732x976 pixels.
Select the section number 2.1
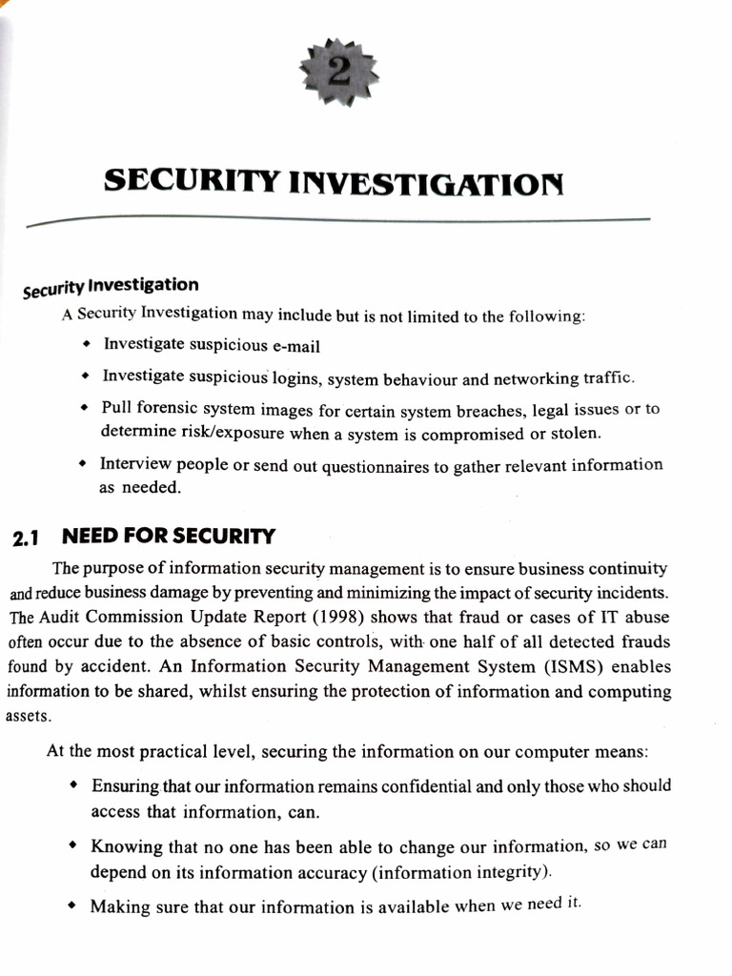coord(25,538)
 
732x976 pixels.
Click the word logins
coord(296,378)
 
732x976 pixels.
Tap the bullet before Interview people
coord(85,465)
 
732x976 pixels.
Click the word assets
coord(26,715)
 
